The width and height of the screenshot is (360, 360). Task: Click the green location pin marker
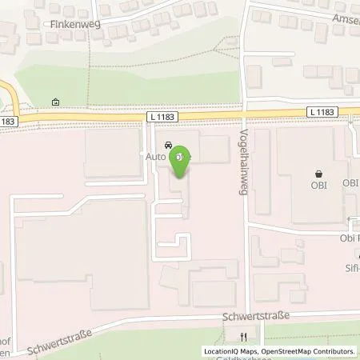[x=182, y=160]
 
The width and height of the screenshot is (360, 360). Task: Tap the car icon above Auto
[x=167, y=146]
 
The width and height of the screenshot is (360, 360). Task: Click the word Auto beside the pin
[x=155, y=158]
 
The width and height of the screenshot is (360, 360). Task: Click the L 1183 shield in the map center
[x=162, y=118]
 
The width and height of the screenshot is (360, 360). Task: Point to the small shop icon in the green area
[x=54, y=102]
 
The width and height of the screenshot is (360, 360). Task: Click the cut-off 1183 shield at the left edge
[x=6, y=121]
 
